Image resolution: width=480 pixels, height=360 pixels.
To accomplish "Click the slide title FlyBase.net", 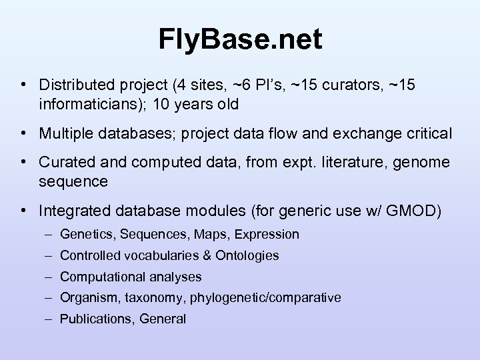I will (240, 39).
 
